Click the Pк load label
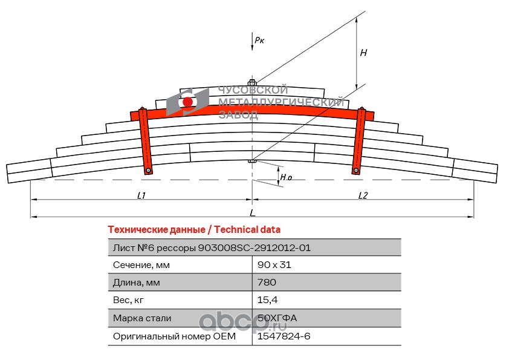[x=259, y=40]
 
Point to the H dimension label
[x=363, y=52]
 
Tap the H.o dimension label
[x=286, y=177]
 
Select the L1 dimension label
[x=141, y=195]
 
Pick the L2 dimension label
[x=363, y=195]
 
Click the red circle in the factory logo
[x=187, y=102]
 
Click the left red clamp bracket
[x=146, y=141]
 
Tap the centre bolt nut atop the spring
[x=252, y=82]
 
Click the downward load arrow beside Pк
[x=252, y=41]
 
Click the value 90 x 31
[x=274, y=265]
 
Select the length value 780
[x=267, y=282]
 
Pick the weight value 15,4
[x=267, y=300]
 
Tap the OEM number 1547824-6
[x=284, y=336]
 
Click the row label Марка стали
[x=142, y=318]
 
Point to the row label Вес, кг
[x=128, y=300]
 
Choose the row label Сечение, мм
[x=141, y=265]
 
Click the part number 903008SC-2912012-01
[x=254, y=248]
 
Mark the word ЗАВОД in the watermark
[x=239, y=115]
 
